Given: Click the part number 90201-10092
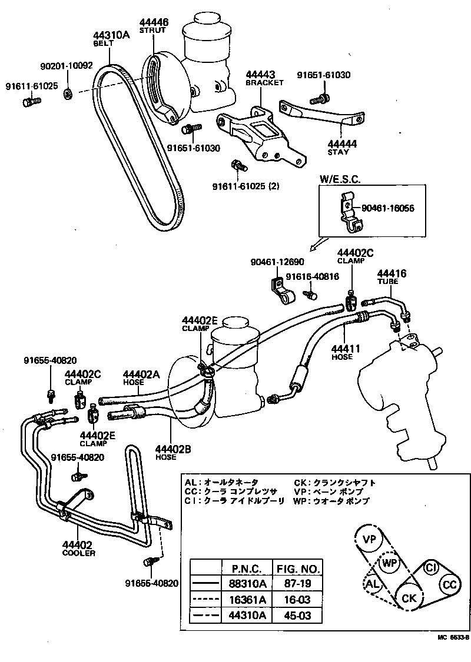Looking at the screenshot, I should (x=67, y=66).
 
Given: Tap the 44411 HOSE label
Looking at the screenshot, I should (x=342, y=352).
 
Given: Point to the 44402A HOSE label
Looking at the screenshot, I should (x=141, y=378).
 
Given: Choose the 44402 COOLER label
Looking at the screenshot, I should (x=78, y=549).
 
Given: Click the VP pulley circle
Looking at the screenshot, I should (x=369, y=540).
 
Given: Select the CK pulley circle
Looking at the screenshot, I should (x=409, y=597).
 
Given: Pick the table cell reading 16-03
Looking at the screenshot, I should (x=297, y=600).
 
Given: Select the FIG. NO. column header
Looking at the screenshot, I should (x=297, y=569).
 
